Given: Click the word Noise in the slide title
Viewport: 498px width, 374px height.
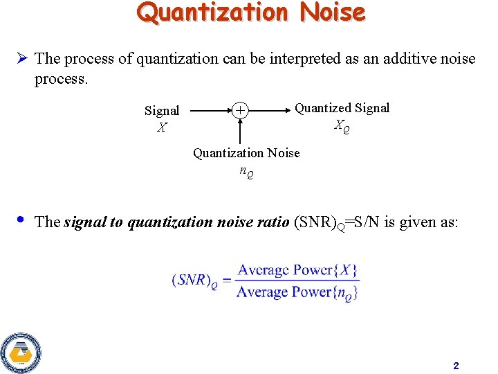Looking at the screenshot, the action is pos(333,12).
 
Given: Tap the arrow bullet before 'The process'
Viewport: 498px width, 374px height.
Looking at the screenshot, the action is pos(21,58).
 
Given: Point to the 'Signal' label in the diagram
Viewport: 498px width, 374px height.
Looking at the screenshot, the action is pos(162,111).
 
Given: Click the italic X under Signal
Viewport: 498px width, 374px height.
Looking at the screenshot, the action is pos(162,127).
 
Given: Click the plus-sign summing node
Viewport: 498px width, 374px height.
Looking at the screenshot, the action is pos(240,110).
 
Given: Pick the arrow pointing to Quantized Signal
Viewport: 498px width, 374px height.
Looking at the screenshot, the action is pos(270,110).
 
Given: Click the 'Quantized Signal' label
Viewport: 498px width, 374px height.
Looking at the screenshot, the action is pos(342,107).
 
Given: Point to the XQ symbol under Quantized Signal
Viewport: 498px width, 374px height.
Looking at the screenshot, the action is pos(342,126).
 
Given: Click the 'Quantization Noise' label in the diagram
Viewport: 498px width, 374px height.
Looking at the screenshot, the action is pos(246,152).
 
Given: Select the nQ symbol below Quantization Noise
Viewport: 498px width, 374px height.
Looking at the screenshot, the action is pos(246,171).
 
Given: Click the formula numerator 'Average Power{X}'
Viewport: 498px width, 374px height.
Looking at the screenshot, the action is pos(297,270).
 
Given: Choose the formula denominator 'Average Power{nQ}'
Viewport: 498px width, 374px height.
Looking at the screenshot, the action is pos(297,292).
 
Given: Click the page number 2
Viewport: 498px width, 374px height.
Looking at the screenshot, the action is pos(456,365).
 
